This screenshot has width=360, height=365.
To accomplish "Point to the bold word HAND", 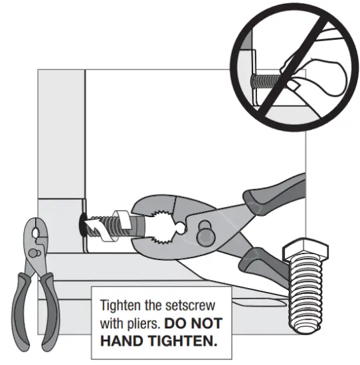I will point(124,344).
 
